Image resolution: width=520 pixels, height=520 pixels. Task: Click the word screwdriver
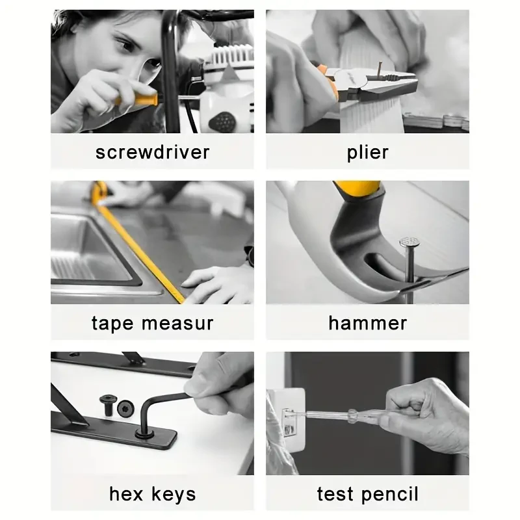[152, 152]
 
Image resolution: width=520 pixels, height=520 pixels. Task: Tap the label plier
[367, 152]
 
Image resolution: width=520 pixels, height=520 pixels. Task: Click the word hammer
[367, 323]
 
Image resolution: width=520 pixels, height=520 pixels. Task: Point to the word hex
[126, 494]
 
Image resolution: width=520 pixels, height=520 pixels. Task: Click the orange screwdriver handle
[133, 101]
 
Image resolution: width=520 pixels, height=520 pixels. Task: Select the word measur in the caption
[176, 323]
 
